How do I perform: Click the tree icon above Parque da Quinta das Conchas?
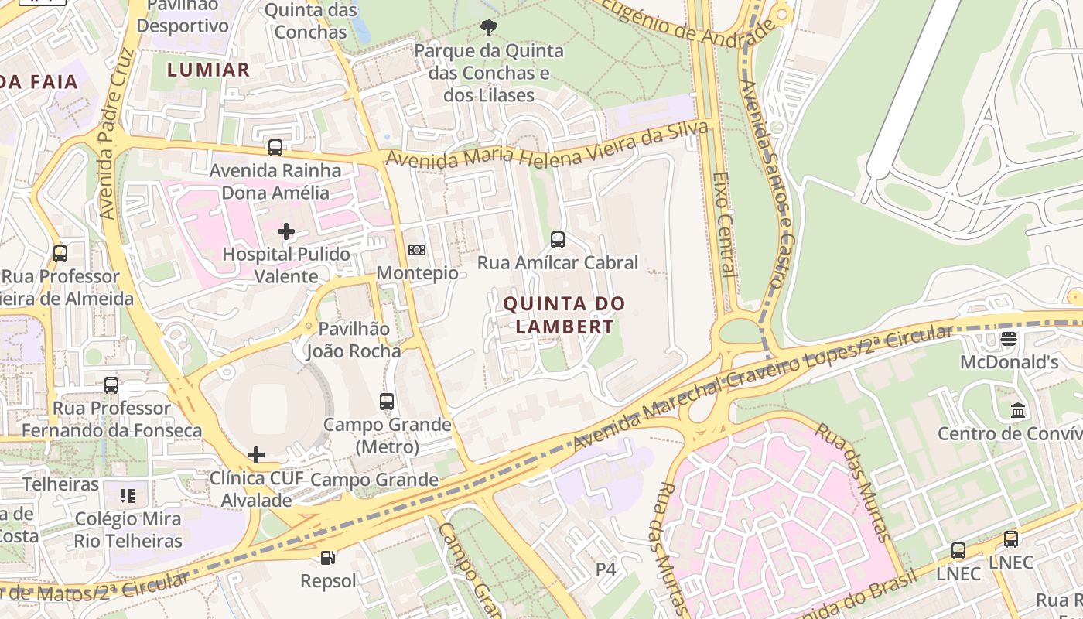[x=488, y=28]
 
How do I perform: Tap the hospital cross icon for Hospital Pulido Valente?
[x=286, y=231]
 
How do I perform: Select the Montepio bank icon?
[x=417, y=249]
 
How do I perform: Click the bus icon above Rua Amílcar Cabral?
[x=557, y=239]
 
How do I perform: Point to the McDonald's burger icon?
[x=1008, y=338]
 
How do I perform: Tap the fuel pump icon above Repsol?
[x=328, y=557]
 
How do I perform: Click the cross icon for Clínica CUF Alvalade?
[x=256, y=455]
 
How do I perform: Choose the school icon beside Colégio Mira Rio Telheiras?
[x=128, y=495]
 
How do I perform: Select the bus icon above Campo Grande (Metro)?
[x=387, y=401]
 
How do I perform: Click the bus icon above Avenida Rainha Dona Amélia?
[x=275, y=147]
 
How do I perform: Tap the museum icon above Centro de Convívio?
[x=1018, y=410]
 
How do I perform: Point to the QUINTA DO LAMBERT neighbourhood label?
[x=564, y=315]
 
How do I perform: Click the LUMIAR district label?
[x=209, y=70]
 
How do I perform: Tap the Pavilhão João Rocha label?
[x=354, y=340]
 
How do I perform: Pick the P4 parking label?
[x=606, y=569]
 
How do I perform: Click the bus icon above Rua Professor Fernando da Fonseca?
[x=111, y=385]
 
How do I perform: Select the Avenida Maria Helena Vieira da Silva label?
[x=548, y=147]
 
